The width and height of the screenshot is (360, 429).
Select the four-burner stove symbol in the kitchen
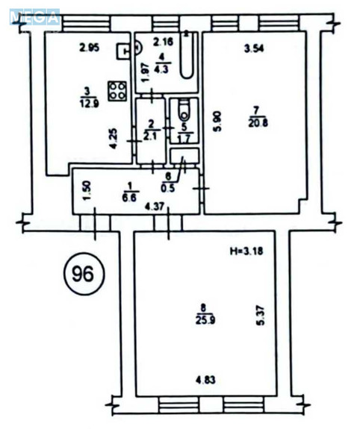pyautogui.click(x=117, y=91)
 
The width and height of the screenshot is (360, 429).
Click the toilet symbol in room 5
pyautogui.click(x=183, y=112)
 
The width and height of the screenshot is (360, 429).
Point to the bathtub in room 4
pyautogui.click(x=190, y=58)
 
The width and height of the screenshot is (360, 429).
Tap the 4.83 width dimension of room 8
pyautogui.click(x=196, y=381)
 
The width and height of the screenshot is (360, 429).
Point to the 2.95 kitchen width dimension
pyautogui.click(x=90, y=50)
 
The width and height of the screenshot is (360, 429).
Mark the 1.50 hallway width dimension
pyautogui.click(x=87, y=192)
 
